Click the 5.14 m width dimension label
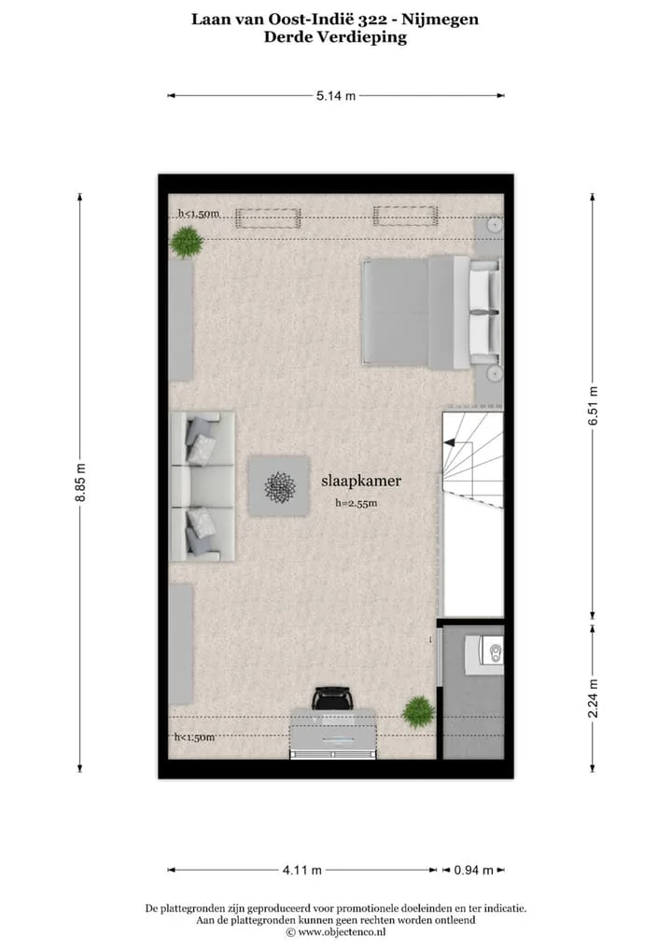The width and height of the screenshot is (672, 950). tap(336, 96)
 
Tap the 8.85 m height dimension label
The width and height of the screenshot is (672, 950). tap(80, 482)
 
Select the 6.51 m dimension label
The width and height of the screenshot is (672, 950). tap(594, 405)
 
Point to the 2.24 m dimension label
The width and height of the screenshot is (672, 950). tap(594, 698)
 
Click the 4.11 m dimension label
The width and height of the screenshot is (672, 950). tap(301, 870)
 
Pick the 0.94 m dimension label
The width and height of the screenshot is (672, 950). tap(474, 870)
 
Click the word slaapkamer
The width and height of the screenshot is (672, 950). tap(361, 481)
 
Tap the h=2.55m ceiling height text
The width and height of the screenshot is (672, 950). tap(357, 503)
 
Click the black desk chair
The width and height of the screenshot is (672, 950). tap(331, 698)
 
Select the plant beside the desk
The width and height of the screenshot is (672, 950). tap(419, 712)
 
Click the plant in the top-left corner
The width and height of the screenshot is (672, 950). tap(187, 242)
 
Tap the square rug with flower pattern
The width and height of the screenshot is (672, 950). tap(279, 486)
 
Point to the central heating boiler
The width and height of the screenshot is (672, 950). tap(484, 654)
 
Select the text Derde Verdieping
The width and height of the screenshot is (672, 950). tap(335, 37)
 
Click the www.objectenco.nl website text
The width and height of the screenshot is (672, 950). tap(336, 932)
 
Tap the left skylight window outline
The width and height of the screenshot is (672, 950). tap(268, 218)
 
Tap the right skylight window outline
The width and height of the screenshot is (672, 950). tap(405, 216)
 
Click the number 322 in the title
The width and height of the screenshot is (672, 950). tap(372, 20)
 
